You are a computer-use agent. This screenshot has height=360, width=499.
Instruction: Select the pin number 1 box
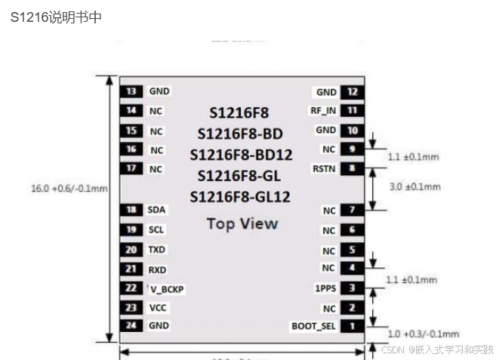pos(352,327)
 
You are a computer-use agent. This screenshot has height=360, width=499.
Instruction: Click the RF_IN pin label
pos(324,111)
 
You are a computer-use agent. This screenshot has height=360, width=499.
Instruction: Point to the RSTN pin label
pos(324,169)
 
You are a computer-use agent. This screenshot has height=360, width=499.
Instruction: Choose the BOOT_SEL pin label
pos(313,327)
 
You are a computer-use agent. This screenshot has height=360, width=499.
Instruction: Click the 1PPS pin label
pos(325,288)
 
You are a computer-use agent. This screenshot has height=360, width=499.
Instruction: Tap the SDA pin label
pos(157,210)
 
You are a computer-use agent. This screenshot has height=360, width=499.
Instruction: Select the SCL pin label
pos(157,229)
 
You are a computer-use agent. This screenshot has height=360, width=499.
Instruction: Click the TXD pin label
pos(157,249)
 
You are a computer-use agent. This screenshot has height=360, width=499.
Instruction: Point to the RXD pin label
pos(157,269)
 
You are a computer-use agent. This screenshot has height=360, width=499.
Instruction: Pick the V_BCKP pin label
pos(168,288)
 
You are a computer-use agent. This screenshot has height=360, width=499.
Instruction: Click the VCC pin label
pos(158,308)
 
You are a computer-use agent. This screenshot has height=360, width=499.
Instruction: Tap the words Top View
pos(242,223)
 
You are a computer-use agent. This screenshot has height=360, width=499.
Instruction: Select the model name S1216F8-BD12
pos(241,155)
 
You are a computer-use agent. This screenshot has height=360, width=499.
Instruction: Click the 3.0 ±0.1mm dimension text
pos(413,186)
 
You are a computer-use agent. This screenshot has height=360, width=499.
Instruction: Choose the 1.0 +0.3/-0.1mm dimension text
pos(423,334)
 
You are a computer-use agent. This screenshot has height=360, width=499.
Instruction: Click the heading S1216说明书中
pos(56,17)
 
